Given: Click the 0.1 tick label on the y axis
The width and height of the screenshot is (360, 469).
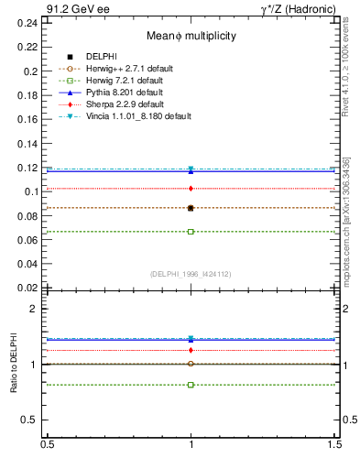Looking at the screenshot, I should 34,192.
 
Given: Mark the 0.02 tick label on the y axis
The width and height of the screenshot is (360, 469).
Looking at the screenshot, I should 31,289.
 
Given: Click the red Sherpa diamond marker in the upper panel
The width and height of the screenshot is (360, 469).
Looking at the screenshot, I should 191,188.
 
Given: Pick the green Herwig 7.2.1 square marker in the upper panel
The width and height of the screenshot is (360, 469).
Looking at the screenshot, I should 191,232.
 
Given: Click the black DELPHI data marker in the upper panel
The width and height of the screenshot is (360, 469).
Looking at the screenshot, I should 191,208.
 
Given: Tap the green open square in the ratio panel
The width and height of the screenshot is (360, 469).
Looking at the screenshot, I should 191,385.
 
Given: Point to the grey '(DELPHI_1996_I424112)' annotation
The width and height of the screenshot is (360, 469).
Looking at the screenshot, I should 191,274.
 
